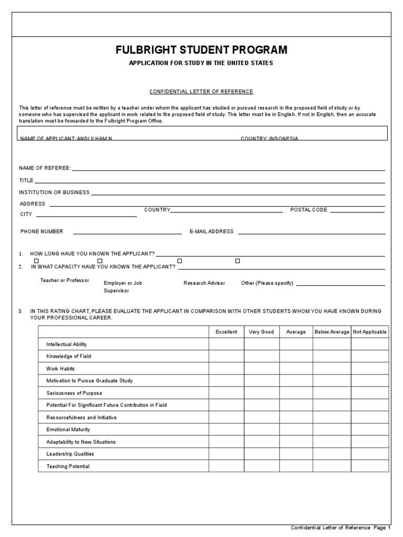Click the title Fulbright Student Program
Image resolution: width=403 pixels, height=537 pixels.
201,50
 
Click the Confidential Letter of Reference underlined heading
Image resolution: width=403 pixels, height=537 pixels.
201,92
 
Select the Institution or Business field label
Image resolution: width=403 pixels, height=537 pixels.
55,192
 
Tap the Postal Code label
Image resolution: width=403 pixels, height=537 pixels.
309,210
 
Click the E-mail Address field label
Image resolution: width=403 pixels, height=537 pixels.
211,231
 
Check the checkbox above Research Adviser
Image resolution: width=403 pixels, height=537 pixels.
179,261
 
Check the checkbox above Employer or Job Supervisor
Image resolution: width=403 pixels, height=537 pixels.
100,261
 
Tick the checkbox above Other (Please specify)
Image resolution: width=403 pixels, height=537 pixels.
237,261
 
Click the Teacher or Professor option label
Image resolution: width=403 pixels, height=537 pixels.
65,281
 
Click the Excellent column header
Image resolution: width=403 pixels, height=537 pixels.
226,332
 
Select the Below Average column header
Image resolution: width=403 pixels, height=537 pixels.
332,332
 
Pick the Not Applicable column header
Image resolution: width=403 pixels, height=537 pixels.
370,332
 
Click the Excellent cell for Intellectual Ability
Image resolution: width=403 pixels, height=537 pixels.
226,345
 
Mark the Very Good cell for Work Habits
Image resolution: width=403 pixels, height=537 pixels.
261,369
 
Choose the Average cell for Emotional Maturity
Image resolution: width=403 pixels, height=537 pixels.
295,429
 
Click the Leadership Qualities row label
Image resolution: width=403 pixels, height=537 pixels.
70,454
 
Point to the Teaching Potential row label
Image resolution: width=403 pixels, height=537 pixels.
68,466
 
